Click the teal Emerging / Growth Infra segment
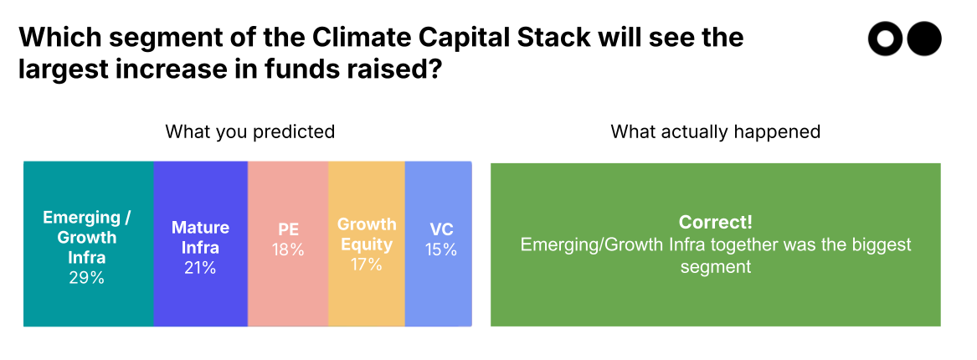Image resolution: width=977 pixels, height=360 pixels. point(88,293)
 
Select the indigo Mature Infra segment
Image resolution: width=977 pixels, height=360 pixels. point(200,293)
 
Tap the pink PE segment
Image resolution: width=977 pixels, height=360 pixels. point(287,293)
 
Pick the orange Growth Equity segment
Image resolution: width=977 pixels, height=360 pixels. point(366,293)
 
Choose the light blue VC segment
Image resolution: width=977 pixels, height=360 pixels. point(438,293)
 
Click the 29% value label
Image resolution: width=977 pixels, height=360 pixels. point(87,278)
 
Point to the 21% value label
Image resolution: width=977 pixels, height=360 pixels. point(200,268)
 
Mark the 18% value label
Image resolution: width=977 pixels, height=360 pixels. point(287,249)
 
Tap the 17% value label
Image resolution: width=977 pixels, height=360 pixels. point(366,265)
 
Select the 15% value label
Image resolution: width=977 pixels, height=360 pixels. point(440,249)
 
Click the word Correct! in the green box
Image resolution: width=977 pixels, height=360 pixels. point(715,223)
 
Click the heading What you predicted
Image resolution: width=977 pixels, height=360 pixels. point(249,131)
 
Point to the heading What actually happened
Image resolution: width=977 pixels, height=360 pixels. point(715,131)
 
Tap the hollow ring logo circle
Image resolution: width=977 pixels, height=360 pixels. point(885,39)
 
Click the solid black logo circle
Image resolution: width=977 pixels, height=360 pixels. point(924,39)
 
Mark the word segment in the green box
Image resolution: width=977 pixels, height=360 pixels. point(715,267)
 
